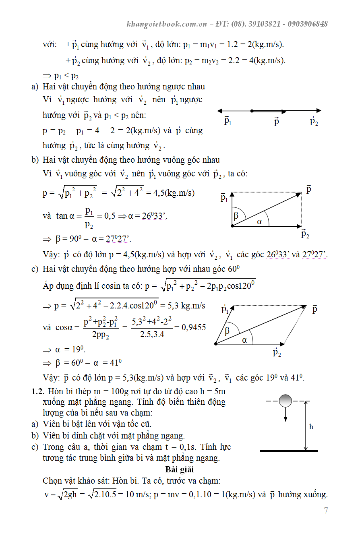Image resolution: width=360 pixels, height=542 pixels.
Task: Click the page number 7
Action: coord(326,511)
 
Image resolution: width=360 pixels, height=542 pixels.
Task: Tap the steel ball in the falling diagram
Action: coord(285,401)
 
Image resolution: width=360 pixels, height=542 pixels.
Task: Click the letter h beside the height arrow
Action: coord(311,427)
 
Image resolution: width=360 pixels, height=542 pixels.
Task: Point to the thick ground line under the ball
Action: coord(288,451)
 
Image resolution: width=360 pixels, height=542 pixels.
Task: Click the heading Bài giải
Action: coord(180,470)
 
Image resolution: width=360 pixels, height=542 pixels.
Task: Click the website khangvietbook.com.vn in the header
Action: coord(166,24)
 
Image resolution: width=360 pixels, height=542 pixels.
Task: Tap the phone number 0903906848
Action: coord(308,24)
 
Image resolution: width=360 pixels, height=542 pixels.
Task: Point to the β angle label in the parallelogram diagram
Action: coord(227,331)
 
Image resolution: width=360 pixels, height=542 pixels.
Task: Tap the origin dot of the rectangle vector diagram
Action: coord(232,226)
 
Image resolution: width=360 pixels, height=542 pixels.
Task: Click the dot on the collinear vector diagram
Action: coord(251,111)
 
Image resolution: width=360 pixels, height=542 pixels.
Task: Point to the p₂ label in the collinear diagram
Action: coord(314,121)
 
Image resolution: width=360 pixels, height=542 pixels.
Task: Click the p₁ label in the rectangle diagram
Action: coord(224,197)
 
